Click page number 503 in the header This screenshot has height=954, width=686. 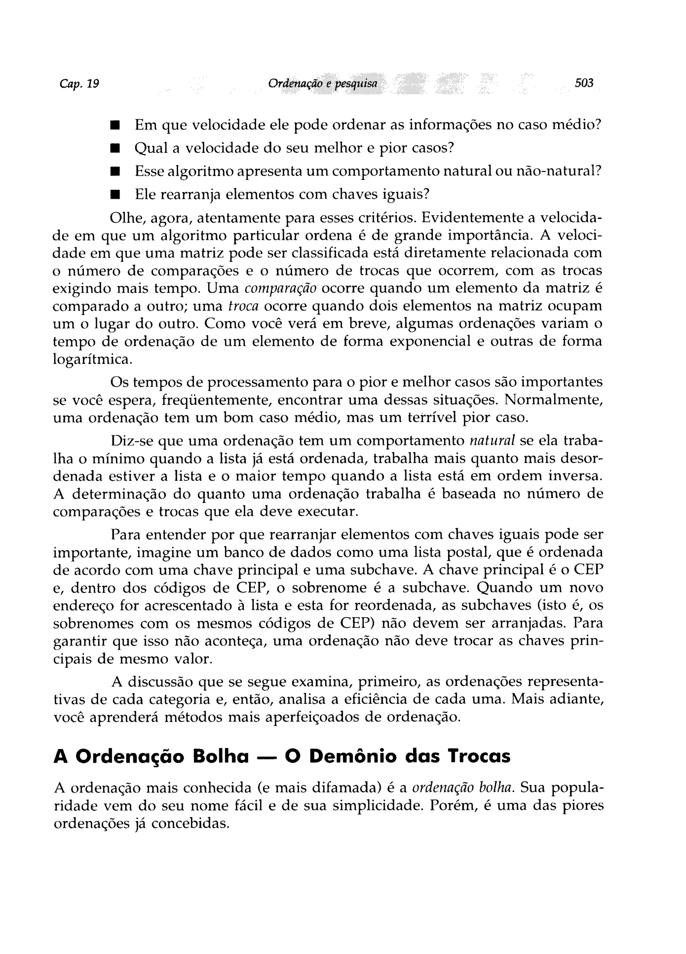pyautogui.click(x=584, y=83)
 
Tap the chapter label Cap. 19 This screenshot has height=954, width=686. pyautogui.click(x=79, y=84)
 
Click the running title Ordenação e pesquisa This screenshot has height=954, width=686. pyautogui.click(x=323, y=84)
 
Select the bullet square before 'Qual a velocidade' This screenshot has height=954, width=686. pyautogui.click(x=115, y=148)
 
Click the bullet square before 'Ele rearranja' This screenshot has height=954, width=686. pyautogui.click(x=115, y=195)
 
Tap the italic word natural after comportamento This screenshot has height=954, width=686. pyautogui.click(x=492, y=441)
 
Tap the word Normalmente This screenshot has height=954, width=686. pyautogui.click(x=553, y=400)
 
